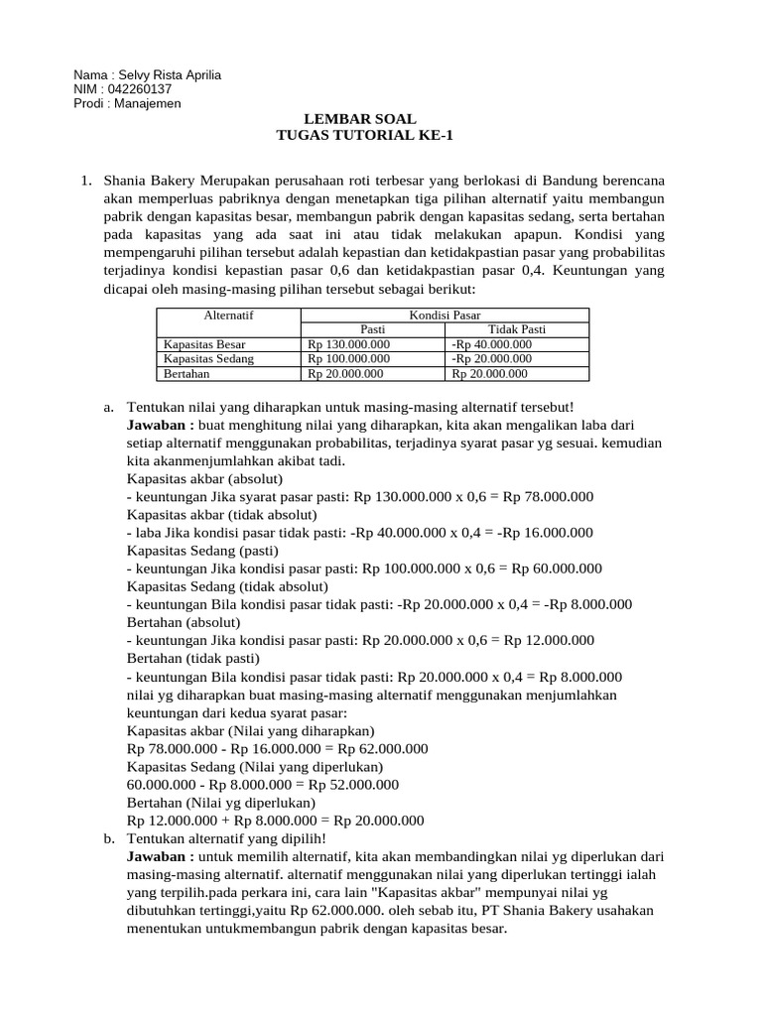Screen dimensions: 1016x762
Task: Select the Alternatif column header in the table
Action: (x=228, y=315)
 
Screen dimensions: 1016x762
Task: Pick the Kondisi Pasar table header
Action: (x=444, y=315)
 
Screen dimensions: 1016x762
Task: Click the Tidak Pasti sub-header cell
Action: (x=517, y=329)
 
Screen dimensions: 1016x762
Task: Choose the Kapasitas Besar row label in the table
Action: (x=204, y=344)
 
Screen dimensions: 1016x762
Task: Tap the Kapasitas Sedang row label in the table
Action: (x=208, y=359)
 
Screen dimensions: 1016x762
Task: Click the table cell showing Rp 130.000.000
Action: (x=349, y=344)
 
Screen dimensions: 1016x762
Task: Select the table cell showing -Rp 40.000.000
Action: (x=492, y=344)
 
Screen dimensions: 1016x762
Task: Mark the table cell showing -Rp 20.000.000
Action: (x=492, y=359)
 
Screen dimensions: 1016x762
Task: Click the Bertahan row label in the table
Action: (x=188, y=374)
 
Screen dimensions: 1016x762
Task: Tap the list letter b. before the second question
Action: (x=109, y=838)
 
